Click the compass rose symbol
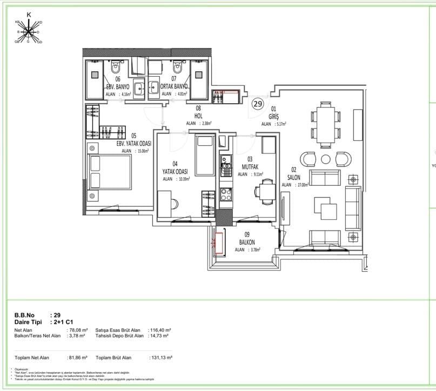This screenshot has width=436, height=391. pyautogui.click(x=29, y=31)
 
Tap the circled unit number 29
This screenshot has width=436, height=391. pyautogui.click(x=258, y=103)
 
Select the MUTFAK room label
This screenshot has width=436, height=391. pyautogui.click(x=250, y=166)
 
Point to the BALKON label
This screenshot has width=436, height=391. pyautogui.click(x=247, y=242)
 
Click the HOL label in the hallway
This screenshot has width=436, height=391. pyautogui.click(x=199, y=116)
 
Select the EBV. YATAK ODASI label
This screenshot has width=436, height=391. pyautogui.click(x=133, y=143)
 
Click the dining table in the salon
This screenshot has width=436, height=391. pyautogui.click(x=325, y=124)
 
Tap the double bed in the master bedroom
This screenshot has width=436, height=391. pyautogui.click(x=111, y=172)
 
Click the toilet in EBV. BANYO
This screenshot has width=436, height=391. pyautogui.click(x=116, y=69)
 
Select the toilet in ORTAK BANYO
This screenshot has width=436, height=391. pyautogui.click(x=177, y=69)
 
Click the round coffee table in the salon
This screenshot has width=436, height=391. pyautogui.click(x=325, y=159)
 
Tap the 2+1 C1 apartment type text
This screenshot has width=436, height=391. pyautogui.click(x=63, y=321)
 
